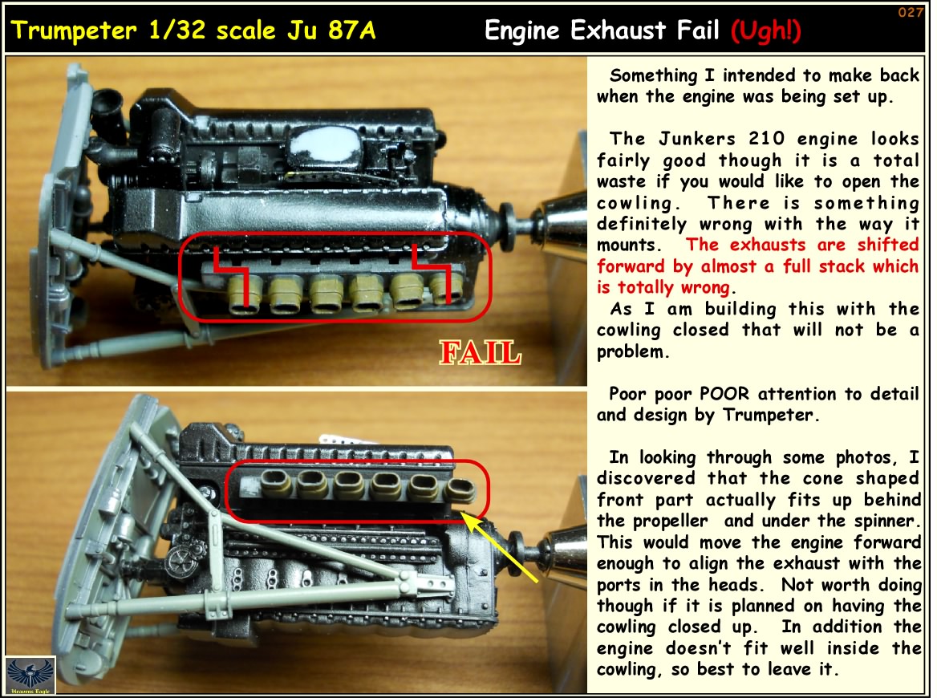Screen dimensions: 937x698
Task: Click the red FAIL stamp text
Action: (x=480, y=352)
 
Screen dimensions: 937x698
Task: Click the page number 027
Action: (x=911, y=12)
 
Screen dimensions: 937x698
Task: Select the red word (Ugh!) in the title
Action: (x=766, y=30)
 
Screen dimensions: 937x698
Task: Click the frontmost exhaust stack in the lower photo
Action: (x=460, y=491)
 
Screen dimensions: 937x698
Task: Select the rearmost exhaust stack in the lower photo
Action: (x=277, y=483)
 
